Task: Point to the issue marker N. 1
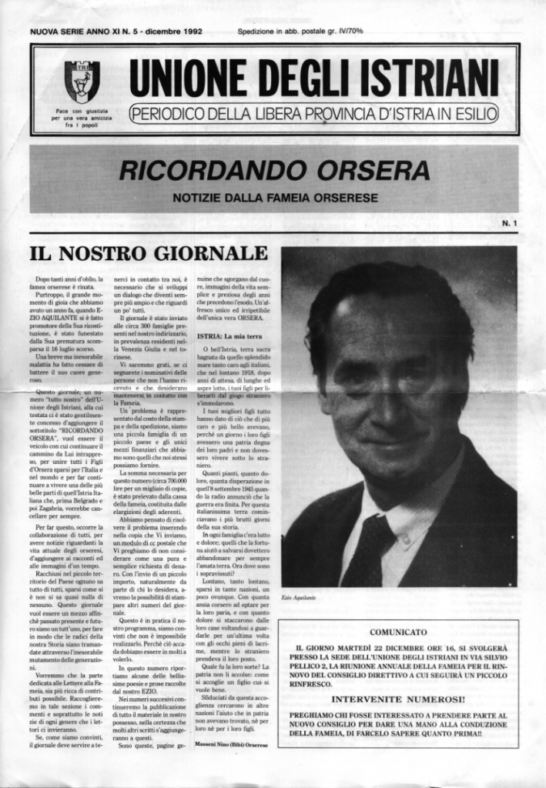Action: coord(509,223)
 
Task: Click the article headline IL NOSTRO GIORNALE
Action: coord(149,253)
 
